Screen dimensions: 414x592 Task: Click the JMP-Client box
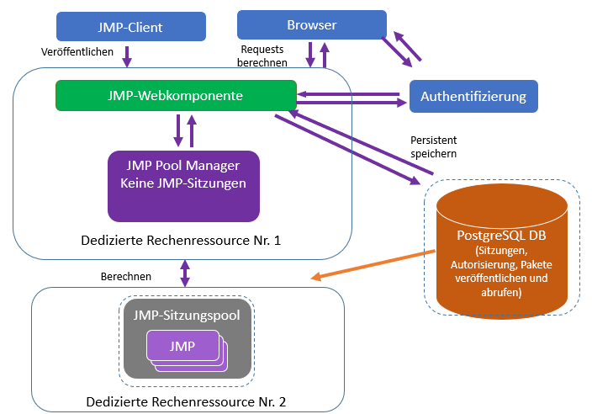(x=130, y=26)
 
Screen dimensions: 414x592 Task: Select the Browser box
(x=311, y=24)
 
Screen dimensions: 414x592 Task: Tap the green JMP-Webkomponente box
(x=175, y=95)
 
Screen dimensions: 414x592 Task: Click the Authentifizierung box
(x=473, y=96)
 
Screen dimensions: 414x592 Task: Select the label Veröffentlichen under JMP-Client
(x=78, y=52)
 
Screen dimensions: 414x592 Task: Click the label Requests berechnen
(x=263, y=56)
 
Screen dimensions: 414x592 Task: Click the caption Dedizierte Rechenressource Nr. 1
(x=181, y=240)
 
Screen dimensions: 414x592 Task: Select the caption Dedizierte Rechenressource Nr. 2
(x=186, y=401)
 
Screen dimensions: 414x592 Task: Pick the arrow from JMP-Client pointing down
(x=128, y=56)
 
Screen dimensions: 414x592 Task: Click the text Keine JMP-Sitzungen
(x=183, y=183)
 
